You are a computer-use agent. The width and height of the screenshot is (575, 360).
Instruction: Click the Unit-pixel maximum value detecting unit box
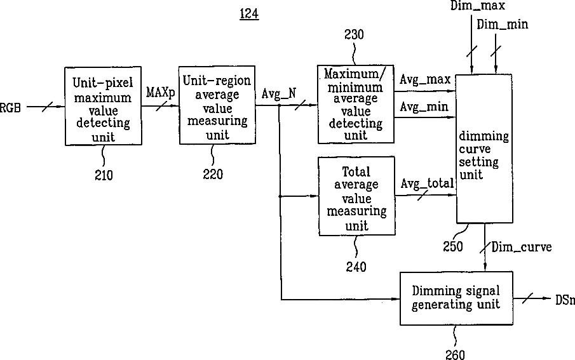103,106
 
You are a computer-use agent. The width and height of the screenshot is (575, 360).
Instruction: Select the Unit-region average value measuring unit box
217,105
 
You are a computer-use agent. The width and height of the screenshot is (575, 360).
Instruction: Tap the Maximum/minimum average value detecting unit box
356,104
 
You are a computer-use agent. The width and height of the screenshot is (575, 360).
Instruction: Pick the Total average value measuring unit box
357,196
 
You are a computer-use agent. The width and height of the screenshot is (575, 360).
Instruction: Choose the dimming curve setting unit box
484,149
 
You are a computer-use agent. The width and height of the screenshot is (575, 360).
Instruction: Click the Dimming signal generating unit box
456,298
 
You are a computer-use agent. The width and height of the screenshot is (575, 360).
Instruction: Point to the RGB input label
10,108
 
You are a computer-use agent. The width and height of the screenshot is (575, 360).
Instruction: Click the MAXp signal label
161,93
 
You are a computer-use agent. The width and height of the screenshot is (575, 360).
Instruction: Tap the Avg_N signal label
279,94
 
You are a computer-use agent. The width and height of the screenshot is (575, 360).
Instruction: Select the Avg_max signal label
425,79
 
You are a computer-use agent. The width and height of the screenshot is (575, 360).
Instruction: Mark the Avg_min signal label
424,107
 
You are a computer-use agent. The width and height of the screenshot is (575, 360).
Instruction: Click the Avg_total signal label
427,183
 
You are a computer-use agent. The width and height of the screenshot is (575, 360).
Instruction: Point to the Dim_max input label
478,6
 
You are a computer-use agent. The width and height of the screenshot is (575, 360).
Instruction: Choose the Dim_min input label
503,25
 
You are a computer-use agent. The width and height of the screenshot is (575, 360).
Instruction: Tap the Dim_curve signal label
522,247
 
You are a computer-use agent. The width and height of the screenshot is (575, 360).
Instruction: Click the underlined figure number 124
249,14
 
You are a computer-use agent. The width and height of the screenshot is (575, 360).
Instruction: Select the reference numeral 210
104,175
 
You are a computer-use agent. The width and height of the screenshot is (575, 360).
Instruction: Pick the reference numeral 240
356,267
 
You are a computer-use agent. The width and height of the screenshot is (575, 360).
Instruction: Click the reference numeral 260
455,354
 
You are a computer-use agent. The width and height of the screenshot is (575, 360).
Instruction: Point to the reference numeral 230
354,34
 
